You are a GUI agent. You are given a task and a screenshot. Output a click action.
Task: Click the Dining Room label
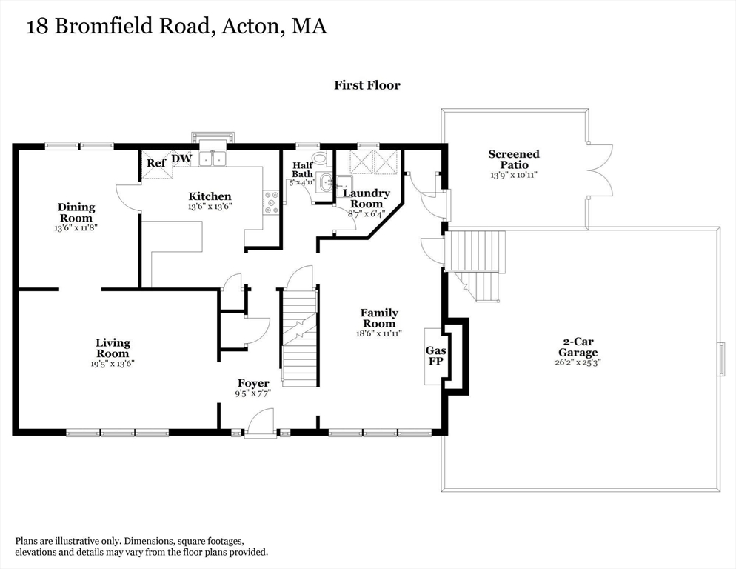coord(76,213)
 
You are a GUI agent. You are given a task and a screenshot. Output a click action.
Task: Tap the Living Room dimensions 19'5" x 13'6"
coord(113,363)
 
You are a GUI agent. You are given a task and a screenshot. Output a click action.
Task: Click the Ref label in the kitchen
coord(155,163)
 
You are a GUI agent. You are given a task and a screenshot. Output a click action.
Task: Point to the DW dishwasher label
coord(181,159)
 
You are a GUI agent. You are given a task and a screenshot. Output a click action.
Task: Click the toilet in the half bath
coord(320,158)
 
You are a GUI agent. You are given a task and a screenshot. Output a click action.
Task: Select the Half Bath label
coord(303,170)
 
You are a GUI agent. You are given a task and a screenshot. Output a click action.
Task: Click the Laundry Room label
coord(366,199)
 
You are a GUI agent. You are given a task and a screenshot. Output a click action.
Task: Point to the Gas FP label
coord(434,356)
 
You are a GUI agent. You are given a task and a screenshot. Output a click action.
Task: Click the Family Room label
coord(379,319)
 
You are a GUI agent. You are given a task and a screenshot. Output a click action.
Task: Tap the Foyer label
coord(252,383)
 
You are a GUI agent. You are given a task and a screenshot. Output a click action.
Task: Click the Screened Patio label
coord(513,159)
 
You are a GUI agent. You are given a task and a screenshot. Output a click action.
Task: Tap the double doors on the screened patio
coord(599,170)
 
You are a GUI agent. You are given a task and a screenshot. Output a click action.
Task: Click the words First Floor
coord(367,85)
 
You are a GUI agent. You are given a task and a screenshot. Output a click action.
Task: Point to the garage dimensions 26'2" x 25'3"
coord(578,363)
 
